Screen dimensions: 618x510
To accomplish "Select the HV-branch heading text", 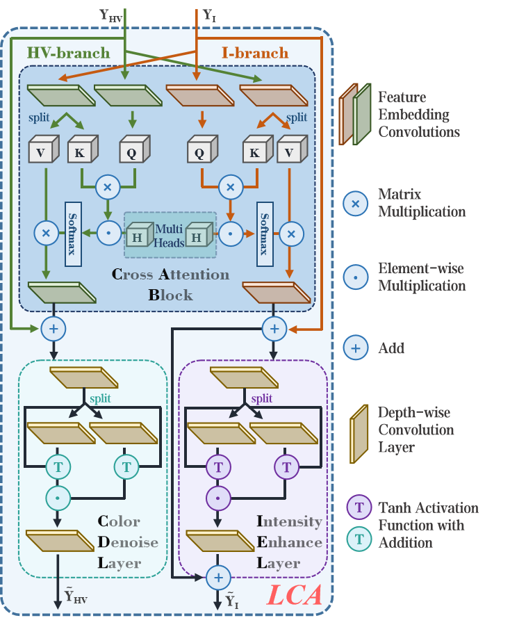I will pos(68,53).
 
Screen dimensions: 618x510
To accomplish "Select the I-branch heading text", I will pos(254,53).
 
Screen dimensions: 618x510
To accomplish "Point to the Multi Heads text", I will pos(169,235).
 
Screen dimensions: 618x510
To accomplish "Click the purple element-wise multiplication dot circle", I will pos(218,498).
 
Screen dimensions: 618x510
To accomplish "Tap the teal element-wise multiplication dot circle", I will pos(58,498).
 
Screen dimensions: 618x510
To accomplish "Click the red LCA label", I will pos(295,595).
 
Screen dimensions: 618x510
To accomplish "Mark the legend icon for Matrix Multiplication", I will pos(356,203).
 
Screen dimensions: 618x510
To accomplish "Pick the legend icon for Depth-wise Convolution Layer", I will pos(359,433).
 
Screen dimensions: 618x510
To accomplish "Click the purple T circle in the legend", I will pos(359,507).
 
